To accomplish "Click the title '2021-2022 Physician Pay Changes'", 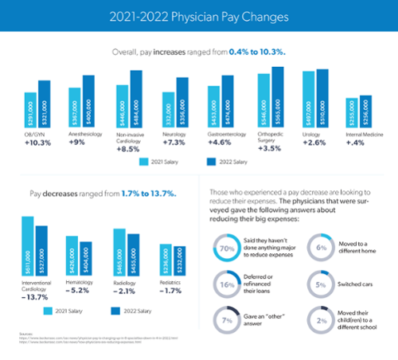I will pyautogui.click(x=198, y=15).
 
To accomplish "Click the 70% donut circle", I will pyautogui.click(x=226, y=248).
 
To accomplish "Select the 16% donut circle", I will pyautogui.click(x=226, y=282).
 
